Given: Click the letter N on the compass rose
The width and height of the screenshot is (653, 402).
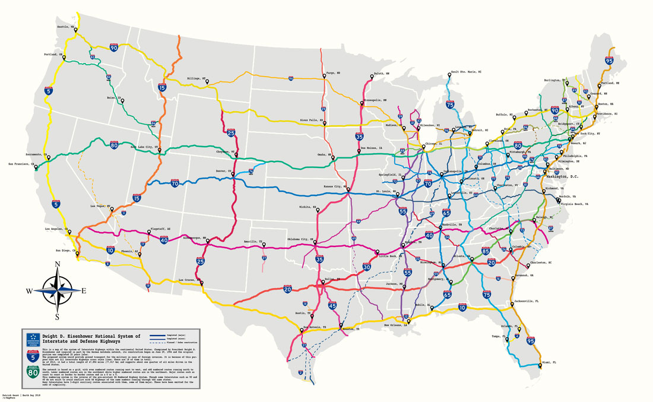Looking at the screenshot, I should coord(58,265).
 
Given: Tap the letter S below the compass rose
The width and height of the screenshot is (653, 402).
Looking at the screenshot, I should coord(58,316).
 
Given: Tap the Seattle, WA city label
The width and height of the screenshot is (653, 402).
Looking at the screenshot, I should coord(65,27).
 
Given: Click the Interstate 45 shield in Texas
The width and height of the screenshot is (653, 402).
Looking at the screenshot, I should coord(332,305).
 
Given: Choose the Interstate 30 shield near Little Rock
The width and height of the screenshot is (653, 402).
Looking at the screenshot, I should coord(367,267).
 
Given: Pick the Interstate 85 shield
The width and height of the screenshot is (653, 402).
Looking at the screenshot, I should coord(486,251).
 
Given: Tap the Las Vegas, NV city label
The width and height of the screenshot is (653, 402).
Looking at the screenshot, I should coord(100,205).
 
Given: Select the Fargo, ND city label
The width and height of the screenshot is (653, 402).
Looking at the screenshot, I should coord(333,73).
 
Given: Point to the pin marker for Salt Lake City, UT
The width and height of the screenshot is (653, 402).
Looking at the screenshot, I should coord(159,148).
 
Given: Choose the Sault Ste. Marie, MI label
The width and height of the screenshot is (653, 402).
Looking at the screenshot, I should coord(466,71).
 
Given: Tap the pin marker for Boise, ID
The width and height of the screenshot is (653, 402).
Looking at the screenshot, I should coord(123,101).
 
